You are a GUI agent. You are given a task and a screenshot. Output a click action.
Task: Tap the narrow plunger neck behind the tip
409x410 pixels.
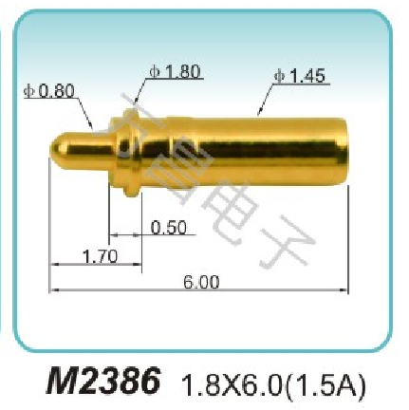point(95,152)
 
